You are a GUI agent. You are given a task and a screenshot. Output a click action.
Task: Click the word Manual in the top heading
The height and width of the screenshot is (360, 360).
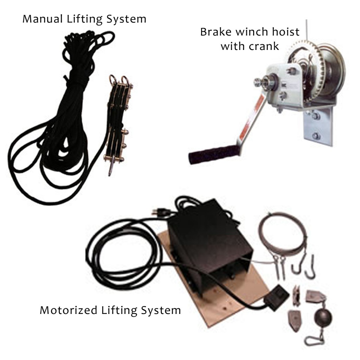point(43,19)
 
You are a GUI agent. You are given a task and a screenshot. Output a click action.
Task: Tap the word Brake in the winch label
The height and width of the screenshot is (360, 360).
point(216,32)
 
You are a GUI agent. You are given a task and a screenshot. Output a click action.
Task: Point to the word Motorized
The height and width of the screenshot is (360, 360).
point(69,310)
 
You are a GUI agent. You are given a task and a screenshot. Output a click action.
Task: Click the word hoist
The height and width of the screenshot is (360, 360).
point(285,32)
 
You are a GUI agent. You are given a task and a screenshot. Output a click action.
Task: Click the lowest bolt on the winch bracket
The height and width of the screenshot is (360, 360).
point(316,136)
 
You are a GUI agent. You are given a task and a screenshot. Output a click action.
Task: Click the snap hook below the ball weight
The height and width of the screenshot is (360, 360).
point(314,340)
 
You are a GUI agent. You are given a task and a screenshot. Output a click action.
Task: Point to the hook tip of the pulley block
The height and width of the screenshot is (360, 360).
point(110,174)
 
